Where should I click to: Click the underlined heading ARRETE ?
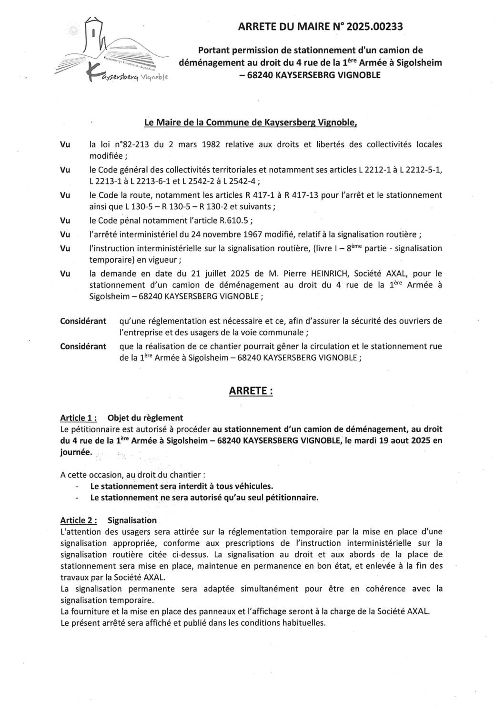coord(251,391)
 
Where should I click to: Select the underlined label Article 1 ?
coord(79,418)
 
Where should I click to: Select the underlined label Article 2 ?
coord(79,520)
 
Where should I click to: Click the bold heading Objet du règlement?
coord(145,418)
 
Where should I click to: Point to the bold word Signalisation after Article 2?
coord(132,520)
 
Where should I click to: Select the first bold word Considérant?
coord(83,321)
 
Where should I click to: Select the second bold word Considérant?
coord(83,346)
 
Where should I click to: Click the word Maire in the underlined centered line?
coord(171,122)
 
